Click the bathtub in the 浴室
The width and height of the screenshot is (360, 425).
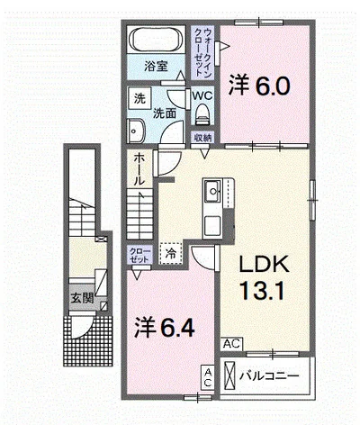pos(157,40)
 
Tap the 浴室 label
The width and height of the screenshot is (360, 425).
pos(156,67)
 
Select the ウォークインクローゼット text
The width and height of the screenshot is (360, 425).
pos(202,52)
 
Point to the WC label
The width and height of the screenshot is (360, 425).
pos(202,95)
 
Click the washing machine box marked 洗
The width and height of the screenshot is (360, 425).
pos(139,99)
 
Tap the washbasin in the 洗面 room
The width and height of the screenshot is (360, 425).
pos(136,131)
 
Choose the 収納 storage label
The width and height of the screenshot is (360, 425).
pos(202,138)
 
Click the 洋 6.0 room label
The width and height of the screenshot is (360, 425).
pos(259,85)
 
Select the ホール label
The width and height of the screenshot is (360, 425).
pos(139,168)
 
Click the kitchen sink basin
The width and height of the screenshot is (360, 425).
pos(213,191)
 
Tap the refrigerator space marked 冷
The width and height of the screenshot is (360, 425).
pos(171,254)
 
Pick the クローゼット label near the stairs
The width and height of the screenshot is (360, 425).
pos(139,255)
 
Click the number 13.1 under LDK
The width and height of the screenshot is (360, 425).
pos(261,290)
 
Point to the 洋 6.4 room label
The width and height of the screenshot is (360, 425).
pos(165,327)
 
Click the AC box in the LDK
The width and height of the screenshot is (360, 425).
pos(232,344)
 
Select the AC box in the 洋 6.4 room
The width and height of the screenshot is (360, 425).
pos(208,377)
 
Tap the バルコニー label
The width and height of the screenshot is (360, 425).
pos(269,375)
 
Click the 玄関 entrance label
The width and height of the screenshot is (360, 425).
pos(82,298)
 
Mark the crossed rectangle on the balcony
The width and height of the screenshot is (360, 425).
pos(230,375)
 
